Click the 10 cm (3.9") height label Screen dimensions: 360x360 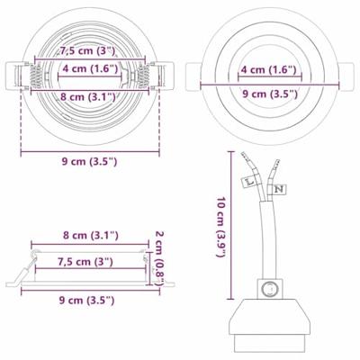click(221, 227)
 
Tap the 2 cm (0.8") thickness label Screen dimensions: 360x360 click(158, 257)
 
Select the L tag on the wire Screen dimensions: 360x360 click(249, 181)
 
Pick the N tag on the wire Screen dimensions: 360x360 click(280, 189)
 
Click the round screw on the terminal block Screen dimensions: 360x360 click(269, 289)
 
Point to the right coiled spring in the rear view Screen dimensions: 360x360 click(143, 76)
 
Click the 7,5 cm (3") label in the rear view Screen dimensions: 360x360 click(87, 50)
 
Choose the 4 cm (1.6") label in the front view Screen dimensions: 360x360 click(269, 69)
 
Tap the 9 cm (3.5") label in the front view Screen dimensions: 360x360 click(270, 94)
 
